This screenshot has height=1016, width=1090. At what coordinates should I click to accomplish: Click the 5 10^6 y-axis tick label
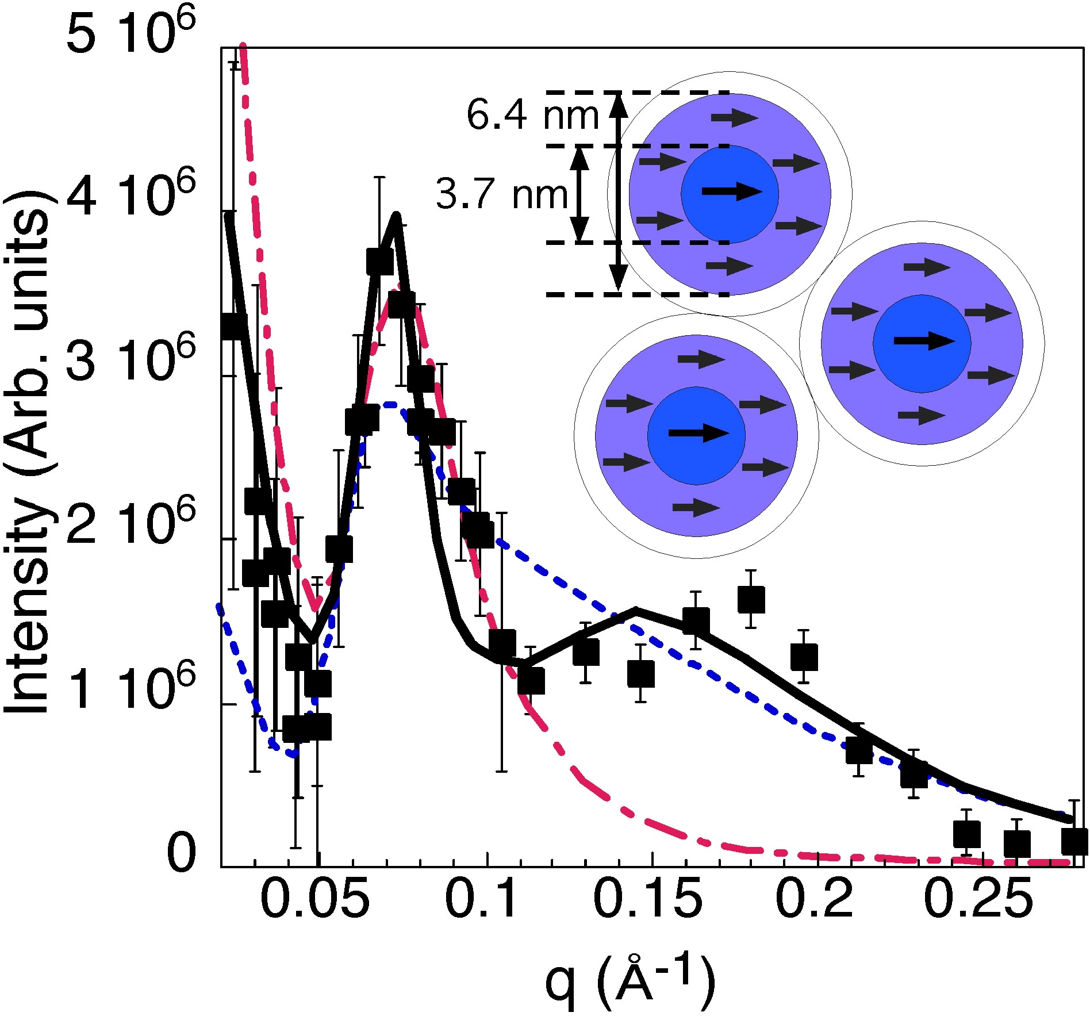[132, 34]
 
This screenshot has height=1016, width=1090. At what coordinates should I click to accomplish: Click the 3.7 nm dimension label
[502, 194]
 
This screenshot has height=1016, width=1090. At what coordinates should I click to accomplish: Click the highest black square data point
[379, 262]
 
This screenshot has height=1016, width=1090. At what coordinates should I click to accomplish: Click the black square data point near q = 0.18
[751, 599]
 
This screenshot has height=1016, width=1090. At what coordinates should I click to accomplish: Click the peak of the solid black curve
[396, 215]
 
